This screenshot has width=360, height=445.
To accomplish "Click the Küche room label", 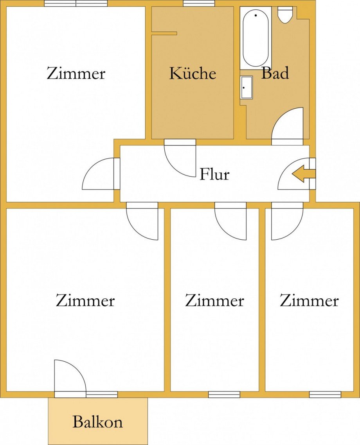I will (x=193, y=74).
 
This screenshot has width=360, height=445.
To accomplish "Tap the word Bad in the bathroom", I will (x=275, y=73).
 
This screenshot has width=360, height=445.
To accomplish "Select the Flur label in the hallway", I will (x=214, y=174).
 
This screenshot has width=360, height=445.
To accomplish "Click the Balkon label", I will (x=97, y=422).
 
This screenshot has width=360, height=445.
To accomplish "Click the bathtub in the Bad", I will (x=256, y=38).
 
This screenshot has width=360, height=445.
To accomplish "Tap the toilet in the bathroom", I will (x=284, y=15).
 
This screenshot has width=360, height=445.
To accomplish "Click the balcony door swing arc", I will (x=70, y=376).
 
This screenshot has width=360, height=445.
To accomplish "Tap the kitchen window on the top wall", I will (x=199, y=4).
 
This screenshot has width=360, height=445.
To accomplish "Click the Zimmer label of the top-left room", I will (x=76, y=74).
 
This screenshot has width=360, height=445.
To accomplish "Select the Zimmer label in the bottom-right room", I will (x=309, y=301).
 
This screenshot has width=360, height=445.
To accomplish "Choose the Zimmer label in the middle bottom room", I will (x=214, y=301).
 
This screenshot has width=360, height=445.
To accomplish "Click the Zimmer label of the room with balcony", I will (x=85, y=301).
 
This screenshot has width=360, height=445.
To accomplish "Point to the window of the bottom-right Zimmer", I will (x=325, y=395).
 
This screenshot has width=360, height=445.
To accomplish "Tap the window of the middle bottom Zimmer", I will (x=224, y=395).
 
